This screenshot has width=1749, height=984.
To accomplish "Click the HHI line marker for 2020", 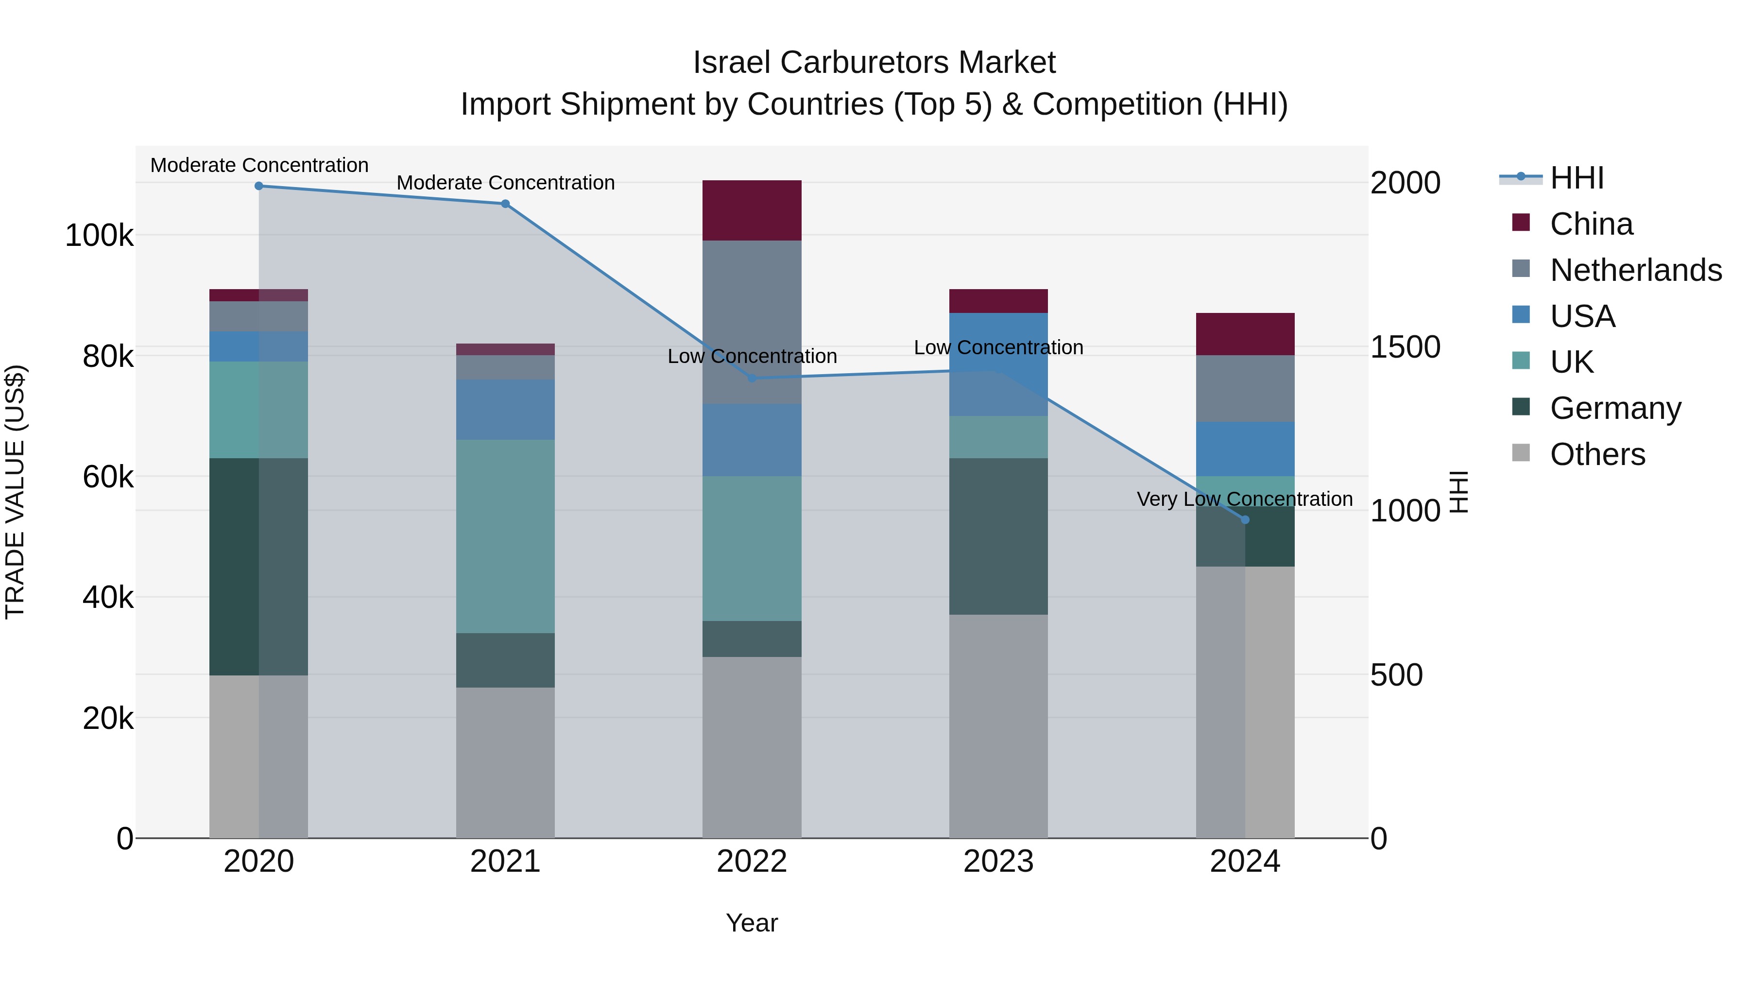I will tap(258, 186).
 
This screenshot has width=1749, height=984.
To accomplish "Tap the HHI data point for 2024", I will tap(1245, 520).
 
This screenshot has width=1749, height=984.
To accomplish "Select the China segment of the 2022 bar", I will tap(752, 210).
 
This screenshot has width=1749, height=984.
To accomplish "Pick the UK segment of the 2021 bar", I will tap(505, 536).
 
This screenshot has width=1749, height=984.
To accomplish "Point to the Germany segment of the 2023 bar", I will tap(998, 536).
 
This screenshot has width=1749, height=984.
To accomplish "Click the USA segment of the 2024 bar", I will tap(1245, 449).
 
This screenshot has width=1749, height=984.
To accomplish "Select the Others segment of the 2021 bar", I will tap(505, 762).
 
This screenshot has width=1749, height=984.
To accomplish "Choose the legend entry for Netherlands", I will tap(1635, 270).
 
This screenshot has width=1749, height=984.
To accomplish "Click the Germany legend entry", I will tap(1614, 408).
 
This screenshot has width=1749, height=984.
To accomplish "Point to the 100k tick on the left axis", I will tap(99, 236).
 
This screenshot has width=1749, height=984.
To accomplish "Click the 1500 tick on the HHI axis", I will tap(1405, 347).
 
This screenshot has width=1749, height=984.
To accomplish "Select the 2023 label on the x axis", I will tap(998, 862).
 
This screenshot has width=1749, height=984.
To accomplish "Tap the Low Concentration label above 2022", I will tap(752, 357).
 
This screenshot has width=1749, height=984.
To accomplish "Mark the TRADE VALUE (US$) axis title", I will tap(15, 492).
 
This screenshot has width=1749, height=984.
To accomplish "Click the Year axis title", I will tap(752, 923).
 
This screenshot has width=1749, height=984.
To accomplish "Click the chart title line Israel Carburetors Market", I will tap(874, 63).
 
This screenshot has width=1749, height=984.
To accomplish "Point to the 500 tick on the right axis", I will tap(1396, 675).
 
